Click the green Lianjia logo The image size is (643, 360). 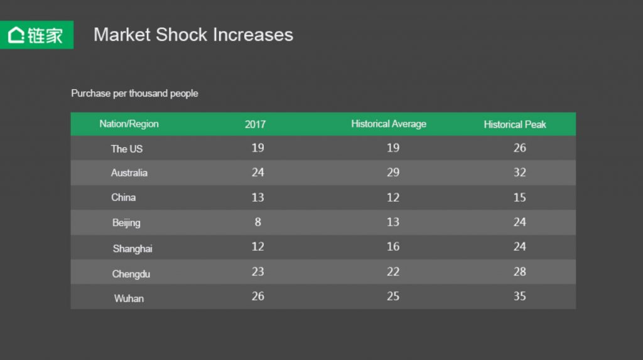click(x=36, y=35)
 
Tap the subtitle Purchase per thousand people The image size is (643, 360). click(x=134, y=94)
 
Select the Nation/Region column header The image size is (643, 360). click(x=129, y=124)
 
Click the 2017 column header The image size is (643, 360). click(x=255, y=124)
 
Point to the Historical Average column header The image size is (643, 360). click(x=389, y=124)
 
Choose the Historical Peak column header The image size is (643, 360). click(x=515, y=124)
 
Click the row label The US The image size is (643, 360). click(x=127, y=149)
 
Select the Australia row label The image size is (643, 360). click(x=129, y=173)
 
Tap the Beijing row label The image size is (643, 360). click(x=126, y=222)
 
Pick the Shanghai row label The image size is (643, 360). click(x=132, y=248)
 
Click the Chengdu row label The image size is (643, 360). click(x=131, y=274)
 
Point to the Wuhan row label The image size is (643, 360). click(x=129, y=298)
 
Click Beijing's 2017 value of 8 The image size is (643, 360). click(x=257, y=222)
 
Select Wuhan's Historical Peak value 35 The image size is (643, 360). click(x=519, y=296)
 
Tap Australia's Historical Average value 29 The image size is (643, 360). click(x=393, y=172)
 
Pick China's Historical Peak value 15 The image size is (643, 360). click(x=519, y=197)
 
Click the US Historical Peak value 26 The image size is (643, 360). click(x=519, y=148)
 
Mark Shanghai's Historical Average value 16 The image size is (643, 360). click(x=393, y=246)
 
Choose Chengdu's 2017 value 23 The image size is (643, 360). click(x=257, y=271)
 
